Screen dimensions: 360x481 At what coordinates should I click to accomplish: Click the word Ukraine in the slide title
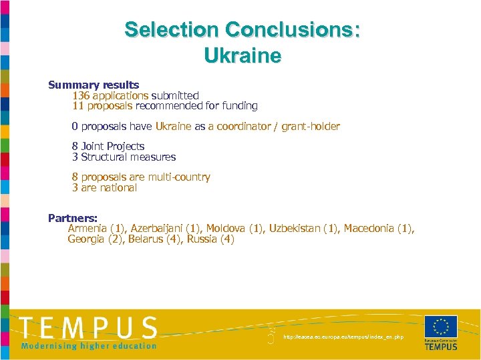(x=243, y=55)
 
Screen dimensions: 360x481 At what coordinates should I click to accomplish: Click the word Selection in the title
(x=171, y=30)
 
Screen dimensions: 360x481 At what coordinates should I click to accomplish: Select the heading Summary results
(x=94, y=85)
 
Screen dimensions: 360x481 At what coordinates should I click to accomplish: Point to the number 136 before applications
(x=82, y=95)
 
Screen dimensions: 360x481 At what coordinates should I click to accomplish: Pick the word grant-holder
(x=311, y=126)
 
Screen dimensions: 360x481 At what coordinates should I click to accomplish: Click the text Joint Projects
(x=112, y=146)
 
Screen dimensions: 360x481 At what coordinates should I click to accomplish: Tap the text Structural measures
(x=128, y=157)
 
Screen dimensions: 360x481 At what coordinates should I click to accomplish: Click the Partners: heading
(x=73, y=218)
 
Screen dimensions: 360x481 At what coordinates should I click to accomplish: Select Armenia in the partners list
(x=88, y=229)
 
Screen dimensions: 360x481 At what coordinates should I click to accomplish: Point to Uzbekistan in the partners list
(x=294, y=229)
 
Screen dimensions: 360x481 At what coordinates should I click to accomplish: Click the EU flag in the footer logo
(x=441, y=327)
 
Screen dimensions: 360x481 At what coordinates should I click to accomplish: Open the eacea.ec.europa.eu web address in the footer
(x=343, y=337)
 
